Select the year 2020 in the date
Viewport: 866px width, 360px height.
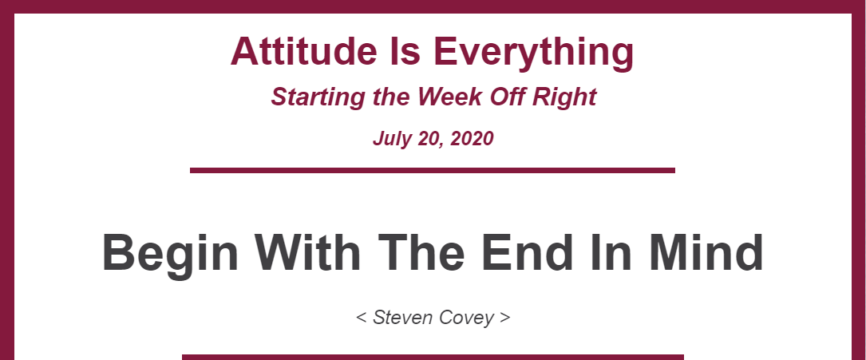click(472, 138)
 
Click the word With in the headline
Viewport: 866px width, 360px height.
click(307, 252)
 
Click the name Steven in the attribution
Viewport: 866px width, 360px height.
click(405, 318)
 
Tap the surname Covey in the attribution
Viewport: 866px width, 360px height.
click(469, 318)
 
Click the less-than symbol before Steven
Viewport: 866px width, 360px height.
click(362, 318)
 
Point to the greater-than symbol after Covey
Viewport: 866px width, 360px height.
click(504, 318)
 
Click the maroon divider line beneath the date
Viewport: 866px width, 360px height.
click(433, 170)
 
